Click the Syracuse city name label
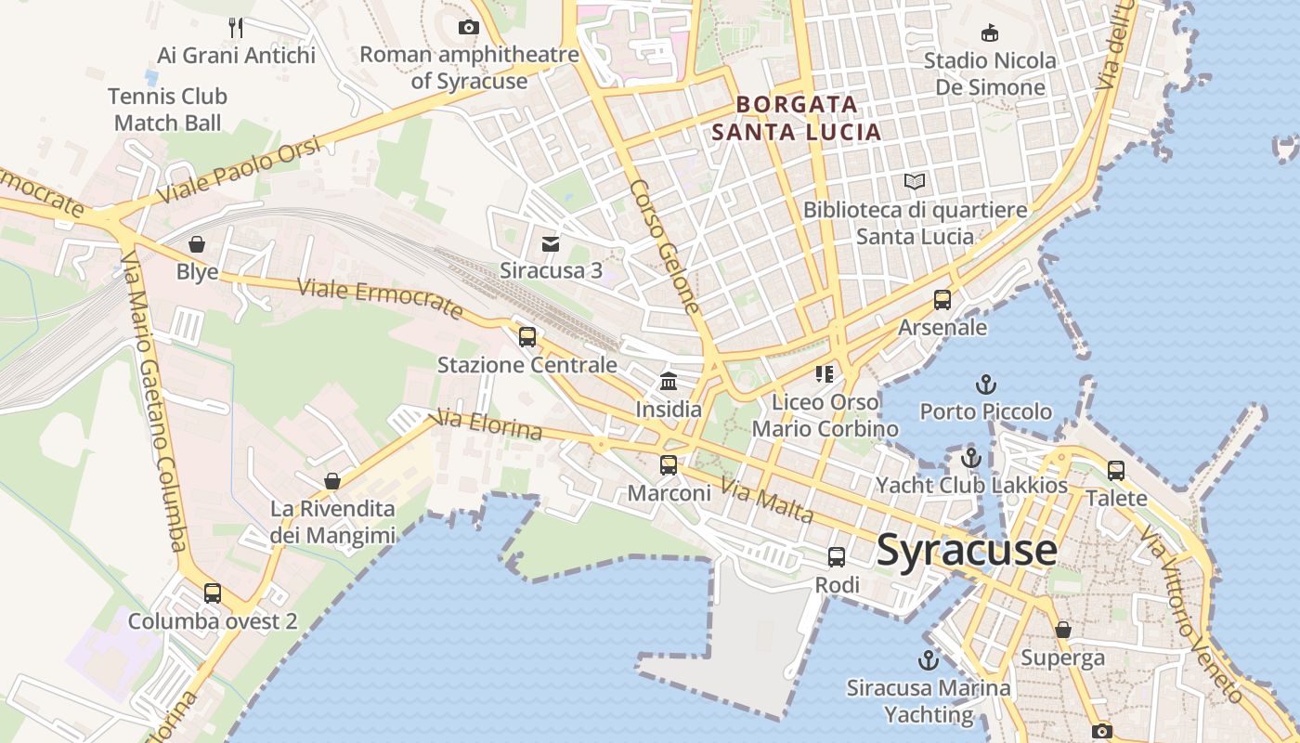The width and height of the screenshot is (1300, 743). [x=967, y=550]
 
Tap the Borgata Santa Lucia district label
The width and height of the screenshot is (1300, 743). [x=797, y=118]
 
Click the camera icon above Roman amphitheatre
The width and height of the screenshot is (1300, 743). [x=469, y=27]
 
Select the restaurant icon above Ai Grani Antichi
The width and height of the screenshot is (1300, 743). [x=236, y=27]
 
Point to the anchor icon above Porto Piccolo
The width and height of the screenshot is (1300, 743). [x=985, y=384]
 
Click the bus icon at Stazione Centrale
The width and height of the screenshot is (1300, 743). [x=527, y=336]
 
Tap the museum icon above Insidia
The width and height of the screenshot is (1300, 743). [x=669, y=381]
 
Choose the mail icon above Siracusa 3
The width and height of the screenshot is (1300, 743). [x=551, y=243]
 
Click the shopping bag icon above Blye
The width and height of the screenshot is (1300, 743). [x=197, y=244]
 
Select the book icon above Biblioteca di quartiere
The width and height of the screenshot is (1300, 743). [x=915, y=181]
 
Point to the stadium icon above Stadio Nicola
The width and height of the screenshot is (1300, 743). [x=990, y=33]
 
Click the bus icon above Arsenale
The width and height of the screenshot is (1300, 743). [x=942, y=299]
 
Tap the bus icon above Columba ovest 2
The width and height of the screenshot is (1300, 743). [x=213, y=593]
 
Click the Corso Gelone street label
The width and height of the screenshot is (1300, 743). [x=664, y=244]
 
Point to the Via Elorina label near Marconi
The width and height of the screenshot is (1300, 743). [x=488, y=424]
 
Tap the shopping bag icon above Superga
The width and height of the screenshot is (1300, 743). [x=1063, y=630]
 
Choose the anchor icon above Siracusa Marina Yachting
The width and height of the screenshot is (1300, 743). [x=928, y=660]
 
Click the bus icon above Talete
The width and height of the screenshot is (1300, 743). [x=1116, y=470]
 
